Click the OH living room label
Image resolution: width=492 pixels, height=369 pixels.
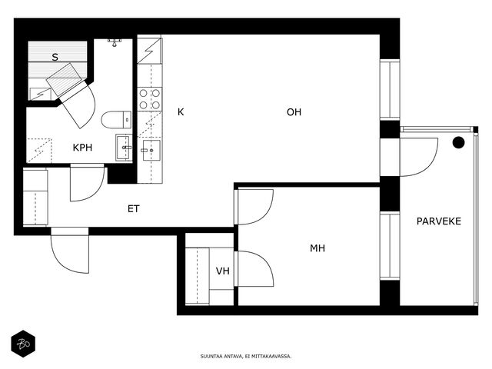coord(294,112)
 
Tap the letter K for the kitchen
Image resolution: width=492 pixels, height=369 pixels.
coord(181,112)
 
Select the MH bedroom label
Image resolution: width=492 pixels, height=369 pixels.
coord(317,248)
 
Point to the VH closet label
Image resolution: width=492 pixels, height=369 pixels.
coord(222,271)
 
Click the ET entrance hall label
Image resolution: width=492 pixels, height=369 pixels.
coord(133,208)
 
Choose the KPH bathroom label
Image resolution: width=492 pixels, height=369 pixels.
coord(82,148)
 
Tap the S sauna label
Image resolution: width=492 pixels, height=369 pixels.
coord(55,57)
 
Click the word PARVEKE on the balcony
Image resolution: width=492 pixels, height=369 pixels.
coord(439,221)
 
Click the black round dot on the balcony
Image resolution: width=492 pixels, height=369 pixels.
coord(458,142)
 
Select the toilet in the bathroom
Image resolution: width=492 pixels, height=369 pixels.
coord(116,120)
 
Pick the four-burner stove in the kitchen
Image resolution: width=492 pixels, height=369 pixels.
coord(150,99)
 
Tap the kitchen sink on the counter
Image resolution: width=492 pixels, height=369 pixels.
coord(151,151)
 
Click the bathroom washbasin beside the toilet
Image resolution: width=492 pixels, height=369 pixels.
coord(124,148)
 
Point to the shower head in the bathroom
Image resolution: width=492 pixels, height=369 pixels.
coord(115,42)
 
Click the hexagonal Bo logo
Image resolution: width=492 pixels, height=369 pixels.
coord(23,344)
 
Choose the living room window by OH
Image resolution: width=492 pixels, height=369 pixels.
coord(390,90)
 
